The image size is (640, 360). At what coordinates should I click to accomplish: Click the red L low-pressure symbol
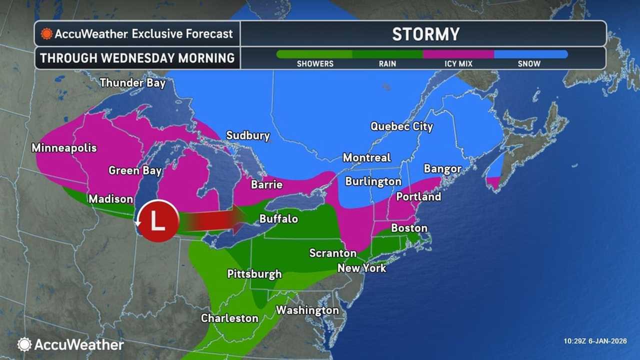158,220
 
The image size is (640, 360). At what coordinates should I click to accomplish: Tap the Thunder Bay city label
132,83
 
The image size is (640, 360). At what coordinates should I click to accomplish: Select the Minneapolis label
64,148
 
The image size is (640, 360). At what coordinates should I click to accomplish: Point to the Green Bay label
135,171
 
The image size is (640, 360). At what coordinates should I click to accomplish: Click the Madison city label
110,199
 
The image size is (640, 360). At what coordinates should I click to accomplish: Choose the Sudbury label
248,135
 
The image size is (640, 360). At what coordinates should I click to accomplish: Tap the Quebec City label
401,126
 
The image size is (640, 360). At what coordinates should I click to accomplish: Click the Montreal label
366,158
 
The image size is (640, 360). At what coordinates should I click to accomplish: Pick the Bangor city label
442,169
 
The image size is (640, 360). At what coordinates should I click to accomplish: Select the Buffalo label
278,219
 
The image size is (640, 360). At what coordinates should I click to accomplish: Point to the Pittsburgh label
254,274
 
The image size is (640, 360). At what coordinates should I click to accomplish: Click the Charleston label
229,318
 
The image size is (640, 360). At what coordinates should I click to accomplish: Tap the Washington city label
307,310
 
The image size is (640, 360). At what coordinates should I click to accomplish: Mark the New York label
361,268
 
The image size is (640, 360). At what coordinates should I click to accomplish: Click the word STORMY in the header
425,34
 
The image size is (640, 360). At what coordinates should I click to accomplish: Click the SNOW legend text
529,64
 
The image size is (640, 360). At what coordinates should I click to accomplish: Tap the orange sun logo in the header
46,34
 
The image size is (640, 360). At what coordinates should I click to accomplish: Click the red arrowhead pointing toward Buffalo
238,220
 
